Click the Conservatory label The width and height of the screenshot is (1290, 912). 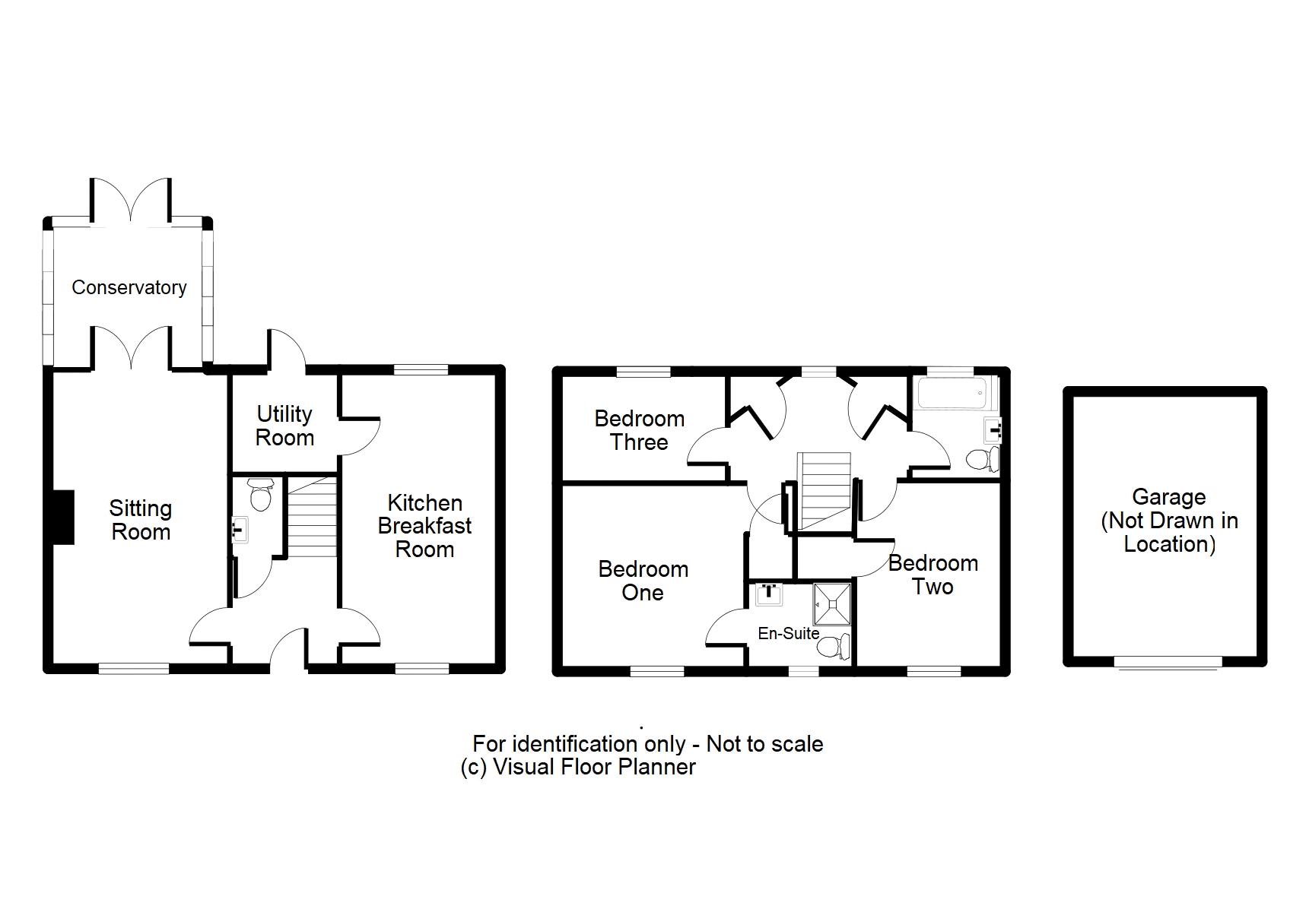[129, 287]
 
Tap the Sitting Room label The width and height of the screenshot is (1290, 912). [141, 520]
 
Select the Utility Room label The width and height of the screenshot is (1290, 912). [284, 426]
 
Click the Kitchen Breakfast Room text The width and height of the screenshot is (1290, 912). [424, 526]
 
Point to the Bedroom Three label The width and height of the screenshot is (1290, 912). [639, 430]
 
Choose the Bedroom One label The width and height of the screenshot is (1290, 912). [643, 581]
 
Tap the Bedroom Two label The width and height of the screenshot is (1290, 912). [933, 575]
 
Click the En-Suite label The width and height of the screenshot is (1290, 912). [788, 633]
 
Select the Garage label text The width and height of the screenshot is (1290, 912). [1169, 520]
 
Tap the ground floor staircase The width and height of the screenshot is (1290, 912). [312, 518]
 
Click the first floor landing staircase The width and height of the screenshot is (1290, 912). [823, 490]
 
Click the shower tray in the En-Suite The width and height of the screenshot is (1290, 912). [831, 603]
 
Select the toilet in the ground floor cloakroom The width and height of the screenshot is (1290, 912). [261, 495]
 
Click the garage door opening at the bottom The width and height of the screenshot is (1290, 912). [1167, 663]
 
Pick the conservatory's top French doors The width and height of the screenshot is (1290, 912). [131, 201]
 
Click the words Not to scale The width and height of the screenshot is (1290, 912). [764, 743]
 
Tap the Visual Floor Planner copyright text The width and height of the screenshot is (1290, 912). [578, 767]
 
